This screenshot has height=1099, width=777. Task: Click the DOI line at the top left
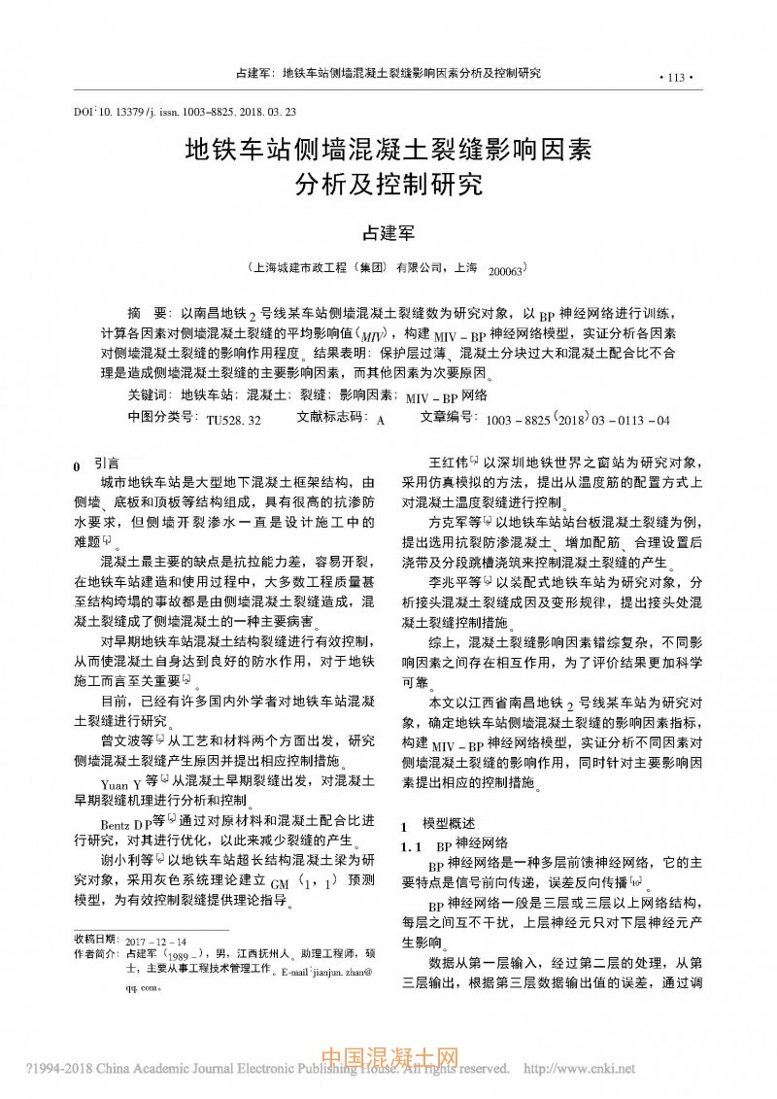186,112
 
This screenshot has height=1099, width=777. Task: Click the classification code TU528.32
233,421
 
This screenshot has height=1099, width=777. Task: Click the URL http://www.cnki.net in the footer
580,1068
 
